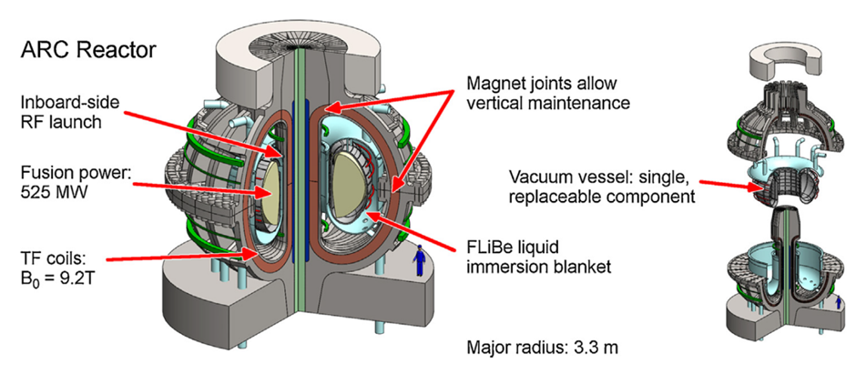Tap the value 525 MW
pos(56,190)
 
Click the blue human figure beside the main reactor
pos(420,262)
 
